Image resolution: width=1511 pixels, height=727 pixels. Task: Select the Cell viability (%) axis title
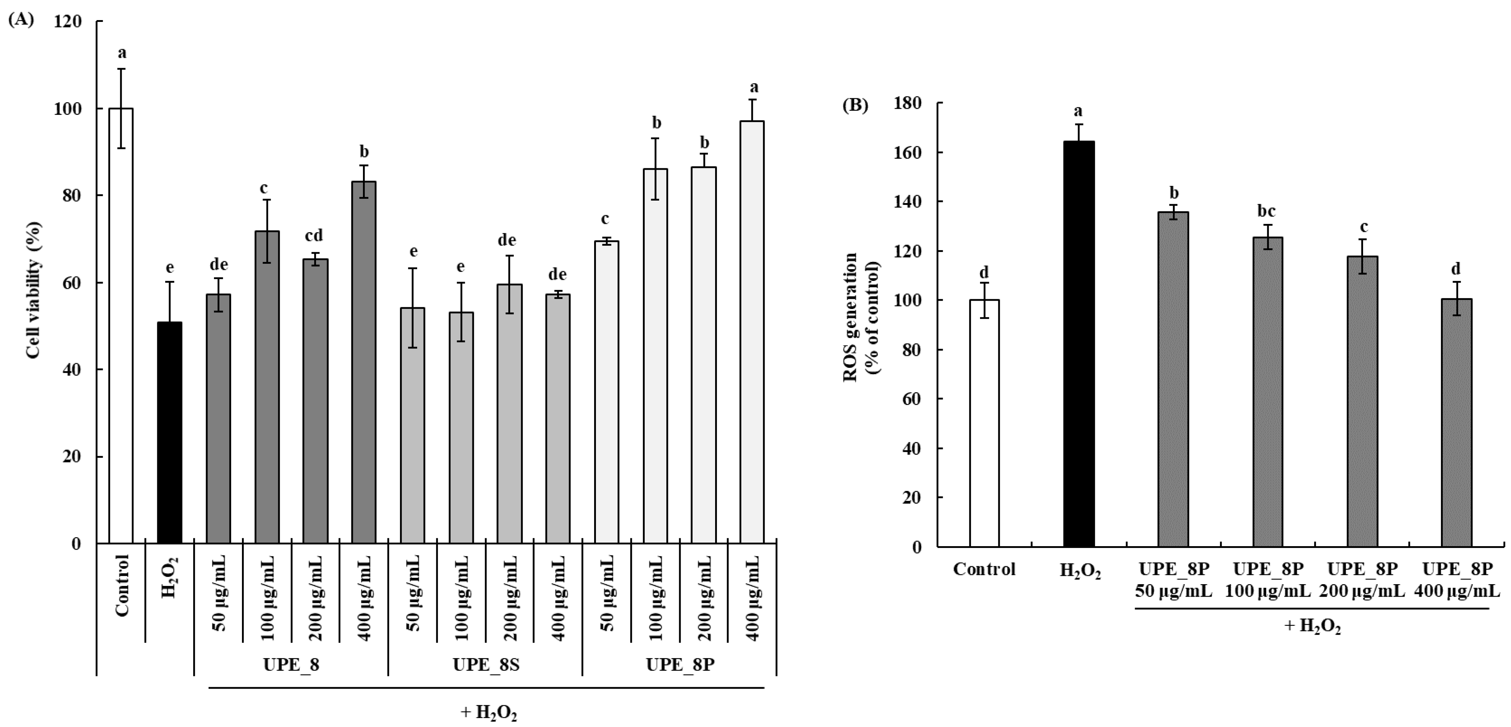click(34, 290)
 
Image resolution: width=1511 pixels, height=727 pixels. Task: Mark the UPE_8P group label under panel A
click(680, 665)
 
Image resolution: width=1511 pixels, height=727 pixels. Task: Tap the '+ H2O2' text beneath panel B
click(1312, 626)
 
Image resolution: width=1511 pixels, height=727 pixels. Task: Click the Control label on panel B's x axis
click(984, 569)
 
